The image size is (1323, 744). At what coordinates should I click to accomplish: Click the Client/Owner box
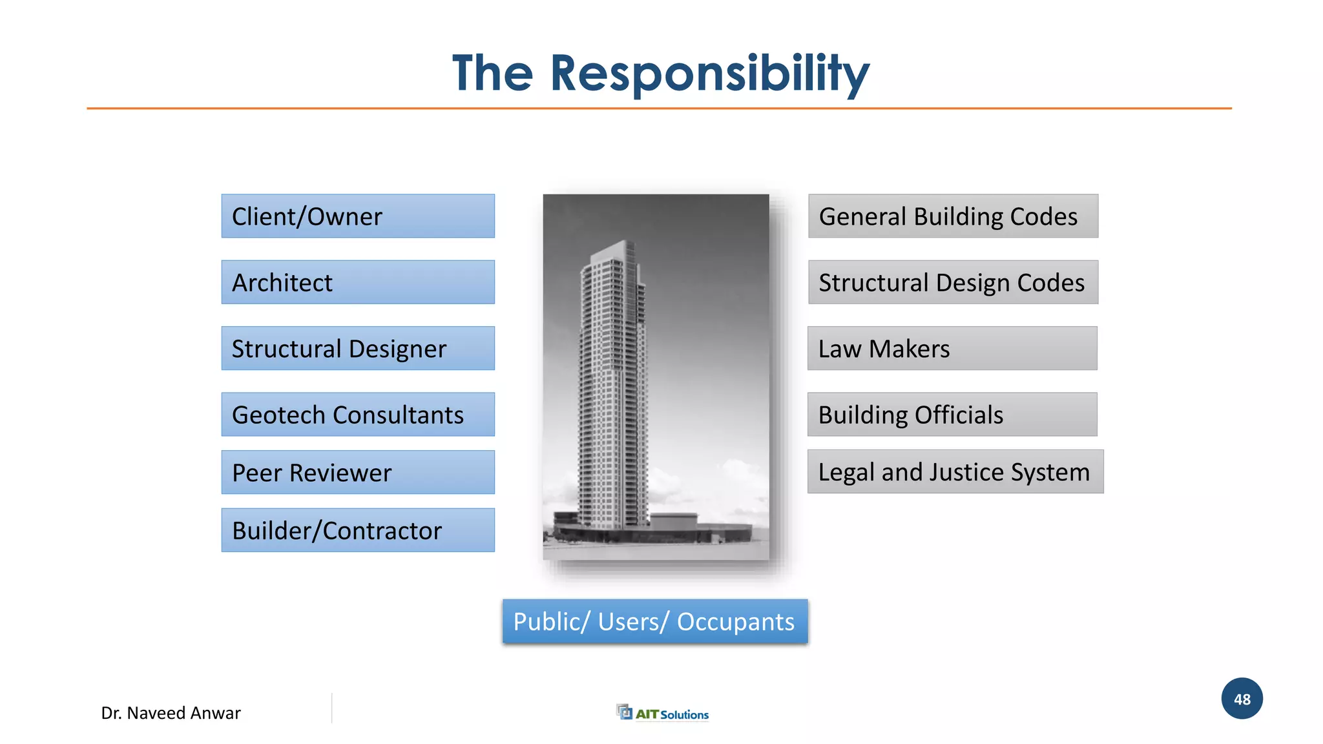point(358,216)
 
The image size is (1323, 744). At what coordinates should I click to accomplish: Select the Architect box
point(358,282)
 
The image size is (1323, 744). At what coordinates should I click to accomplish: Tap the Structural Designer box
point(358,348)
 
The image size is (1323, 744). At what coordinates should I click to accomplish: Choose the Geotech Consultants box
point(358,415)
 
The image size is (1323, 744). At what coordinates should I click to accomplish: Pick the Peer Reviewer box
point(358,472)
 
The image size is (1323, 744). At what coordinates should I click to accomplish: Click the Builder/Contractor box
point(358,530)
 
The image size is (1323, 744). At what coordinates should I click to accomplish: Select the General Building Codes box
point(953,216)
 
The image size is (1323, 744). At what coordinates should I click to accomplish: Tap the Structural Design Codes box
point(953,282)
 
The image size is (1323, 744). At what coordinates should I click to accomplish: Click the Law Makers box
point(952,348)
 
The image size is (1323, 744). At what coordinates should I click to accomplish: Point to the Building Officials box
point(952,415)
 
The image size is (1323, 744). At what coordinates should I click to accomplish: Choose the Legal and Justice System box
point(955,472)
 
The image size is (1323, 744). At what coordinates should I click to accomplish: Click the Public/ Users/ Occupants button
point(655,621)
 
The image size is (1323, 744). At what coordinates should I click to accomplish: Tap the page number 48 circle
point(1242,699)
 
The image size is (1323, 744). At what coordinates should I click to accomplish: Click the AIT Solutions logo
point(663,713)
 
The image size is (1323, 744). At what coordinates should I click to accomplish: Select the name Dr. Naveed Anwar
point(171,713)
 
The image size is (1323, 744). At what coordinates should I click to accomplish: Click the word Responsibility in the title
point(709,74)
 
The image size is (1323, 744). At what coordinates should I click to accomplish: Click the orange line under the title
point(659,108)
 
